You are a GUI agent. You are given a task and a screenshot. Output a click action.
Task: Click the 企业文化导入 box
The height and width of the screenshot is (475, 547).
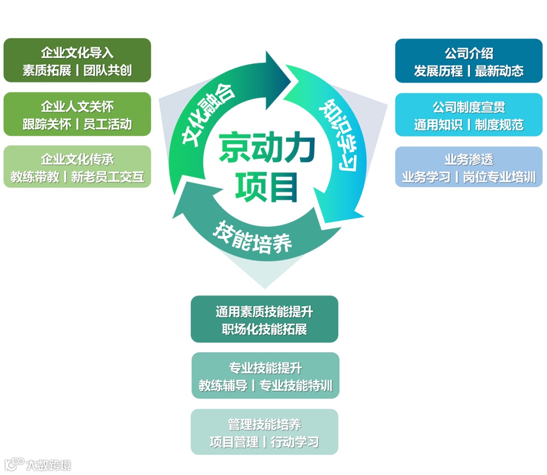pos(77,60)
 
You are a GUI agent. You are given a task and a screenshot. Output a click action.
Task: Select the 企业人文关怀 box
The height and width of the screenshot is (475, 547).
pos(77,114)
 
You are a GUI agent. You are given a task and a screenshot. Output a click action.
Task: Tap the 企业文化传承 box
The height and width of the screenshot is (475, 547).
pos(77,167)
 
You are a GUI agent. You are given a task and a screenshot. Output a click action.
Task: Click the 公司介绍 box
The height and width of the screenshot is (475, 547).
pos(468,61)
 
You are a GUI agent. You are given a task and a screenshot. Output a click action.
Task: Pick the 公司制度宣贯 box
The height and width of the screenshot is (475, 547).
pos(468,115)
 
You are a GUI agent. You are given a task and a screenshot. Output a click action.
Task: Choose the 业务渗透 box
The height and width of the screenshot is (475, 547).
pos(468,167)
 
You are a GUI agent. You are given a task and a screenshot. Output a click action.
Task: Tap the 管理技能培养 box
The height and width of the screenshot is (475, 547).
pos(264,432)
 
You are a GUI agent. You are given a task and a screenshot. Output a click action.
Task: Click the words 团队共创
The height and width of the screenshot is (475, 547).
pos(107,70)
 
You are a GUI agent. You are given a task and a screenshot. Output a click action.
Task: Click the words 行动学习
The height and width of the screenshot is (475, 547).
pos(294,442)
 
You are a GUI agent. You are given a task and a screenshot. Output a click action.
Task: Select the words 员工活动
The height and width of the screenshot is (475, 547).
pos(107,124)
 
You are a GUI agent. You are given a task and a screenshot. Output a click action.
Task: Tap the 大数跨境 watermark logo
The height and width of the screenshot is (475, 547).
pos(38,464)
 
